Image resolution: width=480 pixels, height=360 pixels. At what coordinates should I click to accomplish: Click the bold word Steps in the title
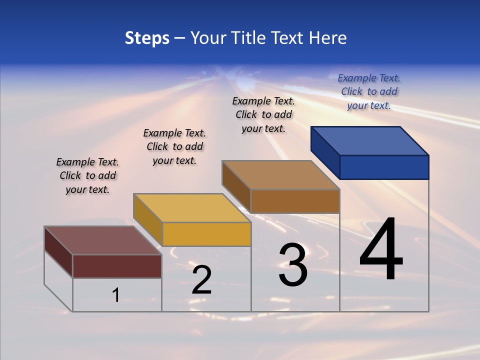(147, 38)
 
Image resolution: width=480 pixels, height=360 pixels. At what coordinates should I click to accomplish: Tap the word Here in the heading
(327, 38)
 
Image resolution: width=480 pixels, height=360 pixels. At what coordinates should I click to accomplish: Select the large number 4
(381, 250)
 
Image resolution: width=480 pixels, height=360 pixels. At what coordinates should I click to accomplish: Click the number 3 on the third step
(293, 265)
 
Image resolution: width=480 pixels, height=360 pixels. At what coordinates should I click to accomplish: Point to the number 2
(201, 280)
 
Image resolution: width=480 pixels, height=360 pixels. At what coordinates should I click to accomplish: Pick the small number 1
(115, 295)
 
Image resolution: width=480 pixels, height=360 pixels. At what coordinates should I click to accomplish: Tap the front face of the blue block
(384, 167)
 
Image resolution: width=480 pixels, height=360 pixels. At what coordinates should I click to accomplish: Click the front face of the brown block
(295, 201)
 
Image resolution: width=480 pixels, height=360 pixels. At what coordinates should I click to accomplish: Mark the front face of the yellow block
(206, 234)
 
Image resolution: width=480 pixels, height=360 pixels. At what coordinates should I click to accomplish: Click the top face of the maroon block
(103, 240)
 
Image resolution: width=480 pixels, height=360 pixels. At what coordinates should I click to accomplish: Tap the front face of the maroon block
(117, 266)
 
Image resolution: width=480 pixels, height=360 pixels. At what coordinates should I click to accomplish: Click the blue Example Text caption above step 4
(369, 92)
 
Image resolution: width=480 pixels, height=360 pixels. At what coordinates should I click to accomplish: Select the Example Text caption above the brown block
(263, 114)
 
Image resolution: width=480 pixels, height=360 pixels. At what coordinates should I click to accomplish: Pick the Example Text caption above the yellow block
(174, 146)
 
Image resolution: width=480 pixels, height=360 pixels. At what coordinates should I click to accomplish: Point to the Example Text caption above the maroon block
(87, 175)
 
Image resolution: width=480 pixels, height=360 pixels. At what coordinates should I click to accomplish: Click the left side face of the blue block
(325, 152)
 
